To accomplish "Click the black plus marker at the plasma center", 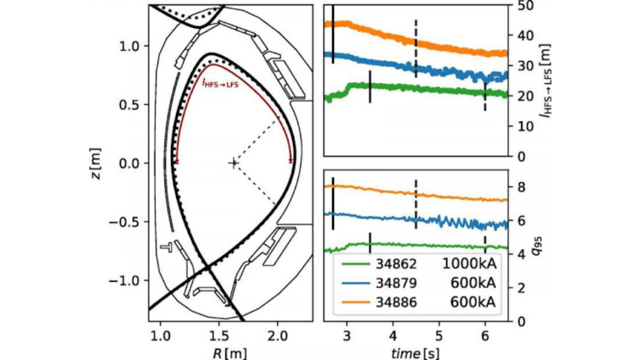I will click(x=233, y=163).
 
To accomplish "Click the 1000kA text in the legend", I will click(x=469, y=264).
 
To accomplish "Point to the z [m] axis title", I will click(x=96, y=163).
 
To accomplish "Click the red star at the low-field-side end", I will click(x=290, y=162).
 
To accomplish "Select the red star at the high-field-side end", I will click(x=177, y=162).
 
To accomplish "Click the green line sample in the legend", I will click(x=356, y=264).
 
